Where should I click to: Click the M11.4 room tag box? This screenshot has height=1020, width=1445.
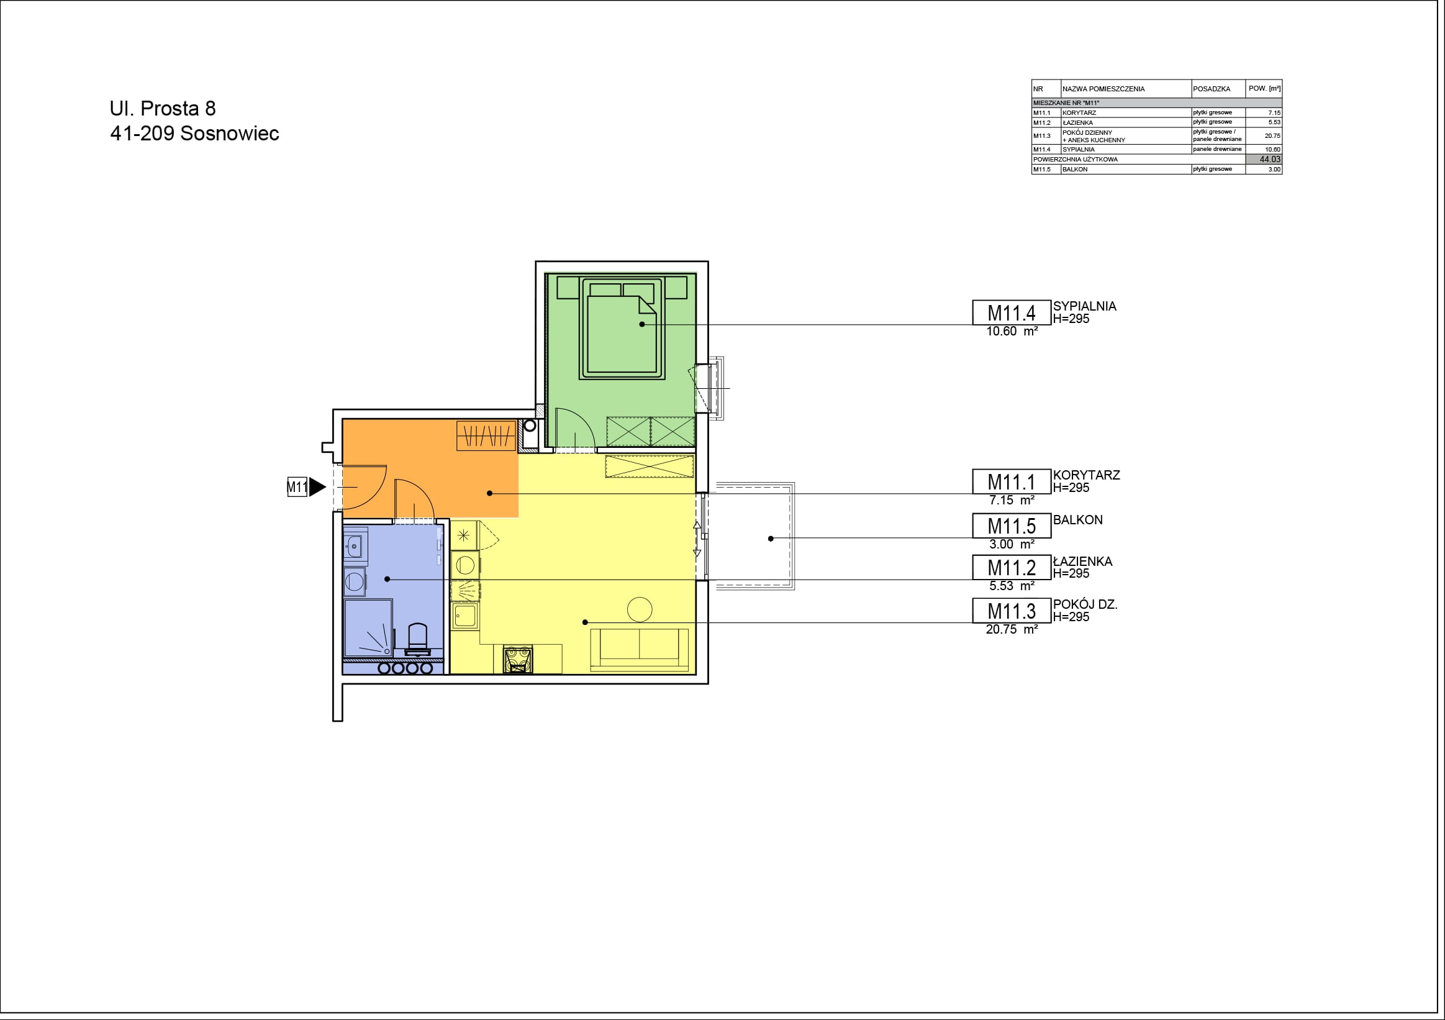point(1012,312)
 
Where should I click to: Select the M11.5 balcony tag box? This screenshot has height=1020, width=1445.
point(1012,525)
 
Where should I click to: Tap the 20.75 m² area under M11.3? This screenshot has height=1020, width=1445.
point(1012,629)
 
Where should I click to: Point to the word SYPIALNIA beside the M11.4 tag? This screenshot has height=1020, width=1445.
point(1085,306)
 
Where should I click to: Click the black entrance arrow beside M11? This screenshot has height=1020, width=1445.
point(317,486)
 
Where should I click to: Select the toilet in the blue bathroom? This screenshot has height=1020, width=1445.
point(418,639)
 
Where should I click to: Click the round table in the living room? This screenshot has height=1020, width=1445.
point(640,609)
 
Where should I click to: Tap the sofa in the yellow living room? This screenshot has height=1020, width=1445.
point(640,649)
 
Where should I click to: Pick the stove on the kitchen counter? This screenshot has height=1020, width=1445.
point(518,659)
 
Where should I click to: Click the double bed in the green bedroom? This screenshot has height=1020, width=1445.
point(622,328)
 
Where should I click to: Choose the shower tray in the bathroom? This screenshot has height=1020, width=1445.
point(368,628)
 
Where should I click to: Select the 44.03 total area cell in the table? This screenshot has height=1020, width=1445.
point(1264,159)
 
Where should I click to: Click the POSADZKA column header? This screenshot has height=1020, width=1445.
point(1212,89)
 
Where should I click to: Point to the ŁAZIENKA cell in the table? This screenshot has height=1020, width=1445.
point(1077,123)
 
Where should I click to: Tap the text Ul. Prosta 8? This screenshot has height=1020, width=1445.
point(162,108)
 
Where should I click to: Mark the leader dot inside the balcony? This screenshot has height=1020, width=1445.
point(771,539)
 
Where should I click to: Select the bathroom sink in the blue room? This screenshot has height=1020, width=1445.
point(355,546)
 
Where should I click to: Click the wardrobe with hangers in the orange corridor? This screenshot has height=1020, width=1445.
point(486,435)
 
